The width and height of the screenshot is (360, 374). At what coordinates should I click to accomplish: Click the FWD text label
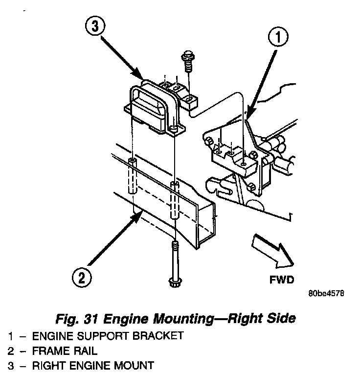click(x=281, y=280)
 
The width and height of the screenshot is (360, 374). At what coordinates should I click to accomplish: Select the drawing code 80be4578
click(x=326, y=295)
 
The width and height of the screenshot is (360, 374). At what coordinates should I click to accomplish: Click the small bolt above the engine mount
click(x=187, y=61)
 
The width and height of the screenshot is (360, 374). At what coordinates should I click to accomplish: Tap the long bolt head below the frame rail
click(x=174, y=282)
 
